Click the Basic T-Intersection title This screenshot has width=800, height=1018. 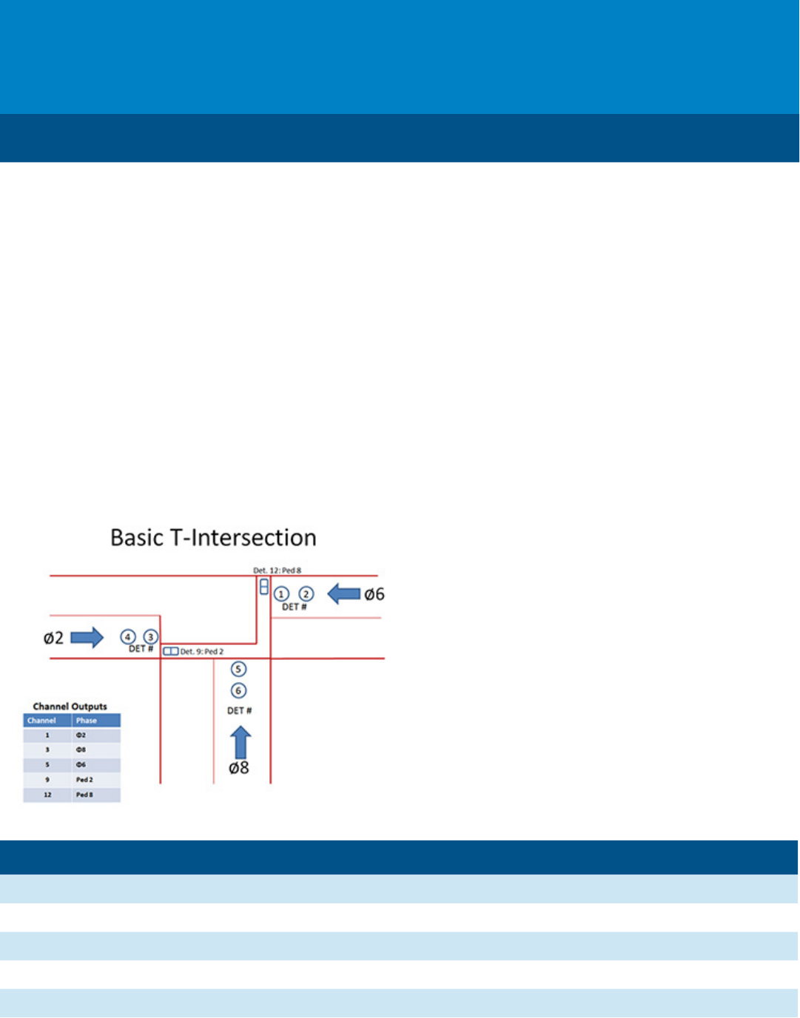coord(213,537)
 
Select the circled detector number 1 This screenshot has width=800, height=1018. coord(281,594)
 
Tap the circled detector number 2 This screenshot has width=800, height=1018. coord(306,594)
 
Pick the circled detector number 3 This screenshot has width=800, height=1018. coord(150,637)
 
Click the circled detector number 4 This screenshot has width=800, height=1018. coord(127,637)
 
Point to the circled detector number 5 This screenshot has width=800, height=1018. coord(238,669)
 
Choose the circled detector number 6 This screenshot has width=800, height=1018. coord(238,691)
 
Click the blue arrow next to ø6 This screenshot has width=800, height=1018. coord(343,593)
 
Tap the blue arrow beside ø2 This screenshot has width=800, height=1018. coord(87,637)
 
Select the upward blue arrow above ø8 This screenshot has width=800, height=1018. coord(241,741)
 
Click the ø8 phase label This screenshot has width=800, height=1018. coord(238,768)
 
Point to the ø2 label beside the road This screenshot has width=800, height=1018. coord(53,638)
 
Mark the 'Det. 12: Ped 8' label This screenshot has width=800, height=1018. coord(278,570)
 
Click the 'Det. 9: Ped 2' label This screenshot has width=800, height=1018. coord(202,652)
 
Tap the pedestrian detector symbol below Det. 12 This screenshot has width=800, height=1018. coord(263,587)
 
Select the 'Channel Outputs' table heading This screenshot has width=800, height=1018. coord(70,707)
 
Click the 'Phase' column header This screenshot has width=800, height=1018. coord(87,721)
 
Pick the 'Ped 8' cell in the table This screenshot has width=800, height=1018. coord(84,795)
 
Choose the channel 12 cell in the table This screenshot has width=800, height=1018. coord(47,795)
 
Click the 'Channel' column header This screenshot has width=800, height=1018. coord(41,721)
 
